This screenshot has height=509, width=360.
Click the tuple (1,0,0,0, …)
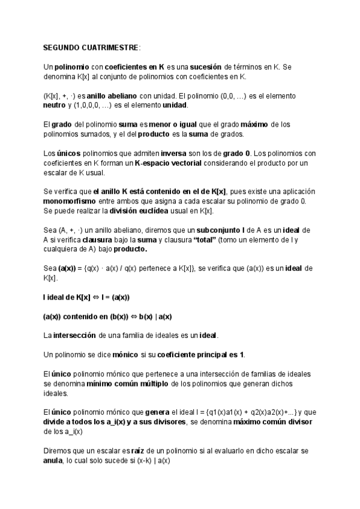click(x=92, y=105)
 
